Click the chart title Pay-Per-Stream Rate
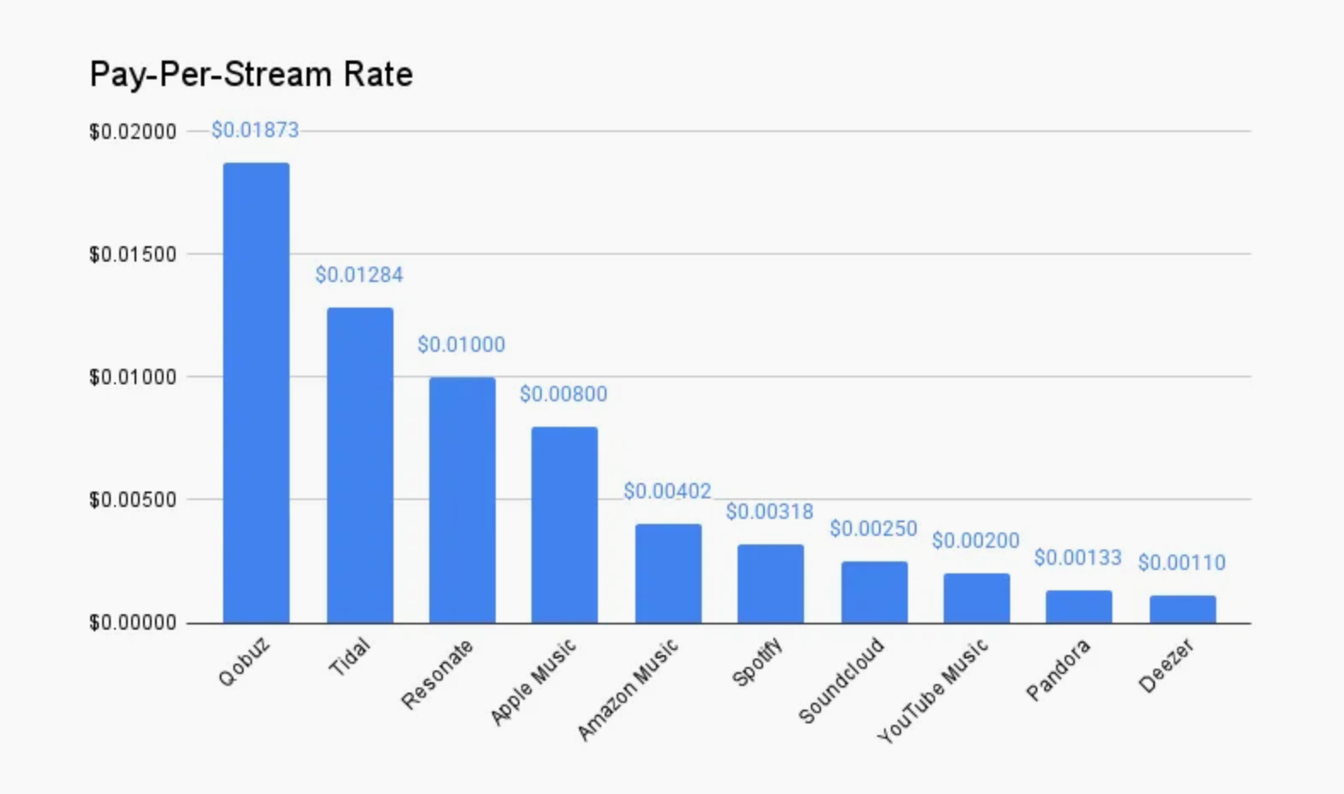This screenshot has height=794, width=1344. (251, 75)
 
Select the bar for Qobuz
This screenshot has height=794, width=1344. (256, 392)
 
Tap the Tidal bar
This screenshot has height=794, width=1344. (360, 464)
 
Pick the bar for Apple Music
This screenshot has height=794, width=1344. (565, 524)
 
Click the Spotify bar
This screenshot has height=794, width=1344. (771, 584)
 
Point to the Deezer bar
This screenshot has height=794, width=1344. (1183, 609)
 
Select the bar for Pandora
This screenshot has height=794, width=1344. (1079, 607)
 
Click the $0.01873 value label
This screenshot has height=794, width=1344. (256, 130)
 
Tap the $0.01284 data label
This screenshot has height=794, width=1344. (359, 275)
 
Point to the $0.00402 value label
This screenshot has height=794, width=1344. (668, 492)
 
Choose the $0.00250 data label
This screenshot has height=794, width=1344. (874, 529)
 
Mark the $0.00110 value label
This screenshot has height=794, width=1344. (1182, 563)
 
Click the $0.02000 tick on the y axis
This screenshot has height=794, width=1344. (133, 132)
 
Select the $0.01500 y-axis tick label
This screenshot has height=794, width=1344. (133, 255)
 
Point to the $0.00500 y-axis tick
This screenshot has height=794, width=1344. (133, 500)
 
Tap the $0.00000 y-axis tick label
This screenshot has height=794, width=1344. (133, 623)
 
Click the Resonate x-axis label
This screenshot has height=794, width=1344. (438, 675)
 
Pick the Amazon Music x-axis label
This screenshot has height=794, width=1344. (629, 688)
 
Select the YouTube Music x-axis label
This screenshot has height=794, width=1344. (933, 690)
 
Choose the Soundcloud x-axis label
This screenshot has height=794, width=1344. (841, 680)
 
